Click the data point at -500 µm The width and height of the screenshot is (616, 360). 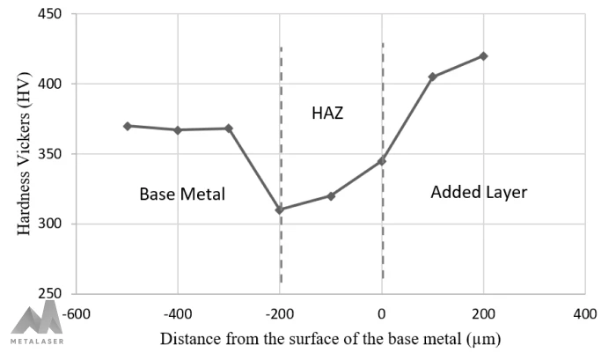coord(128,126)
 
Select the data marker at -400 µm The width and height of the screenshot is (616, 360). coord(178,130)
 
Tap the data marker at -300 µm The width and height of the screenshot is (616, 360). coord(229,129)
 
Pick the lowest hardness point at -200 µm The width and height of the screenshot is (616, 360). coord(280,209)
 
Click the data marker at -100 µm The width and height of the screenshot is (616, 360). coord(331,195)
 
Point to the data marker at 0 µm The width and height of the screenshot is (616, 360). coord(382,161)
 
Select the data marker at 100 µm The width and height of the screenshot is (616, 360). coord(432,77)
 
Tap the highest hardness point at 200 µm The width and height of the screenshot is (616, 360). coord(483,55)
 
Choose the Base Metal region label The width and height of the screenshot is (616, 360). coord(182,194)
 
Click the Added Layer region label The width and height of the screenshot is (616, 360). coord(479,192)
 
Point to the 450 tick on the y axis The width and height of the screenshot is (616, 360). coord(56,15)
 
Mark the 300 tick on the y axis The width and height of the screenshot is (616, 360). coord(56,224)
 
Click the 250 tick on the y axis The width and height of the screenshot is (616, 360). coord(56,294)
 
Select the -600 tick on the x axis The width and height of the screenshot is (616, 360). coord(76,312)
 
